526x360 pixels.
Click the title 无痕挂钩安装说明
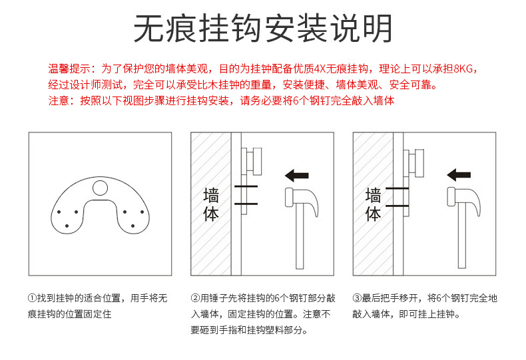tap(263, 29)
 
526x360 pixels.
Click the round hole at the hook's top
tap(100, 188)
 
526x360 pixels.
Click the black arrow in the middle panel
tap(296, 176)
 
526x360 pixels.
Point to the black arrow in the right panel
tap(459, 175)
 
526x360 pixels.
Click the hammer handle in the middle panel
tap(299, 240)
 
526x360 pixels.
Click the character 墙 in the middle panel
tap(211, 195)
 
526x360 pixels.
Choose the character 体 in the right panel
tap(374, 214)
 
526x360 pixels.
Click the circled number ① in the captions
tap(32, 298)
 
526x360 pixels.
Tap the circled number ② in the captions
tap(195, 298)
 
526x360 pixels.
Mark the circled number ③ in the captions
tap(357, 298)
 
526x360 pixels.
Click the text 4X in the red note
tap(319, 69)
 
